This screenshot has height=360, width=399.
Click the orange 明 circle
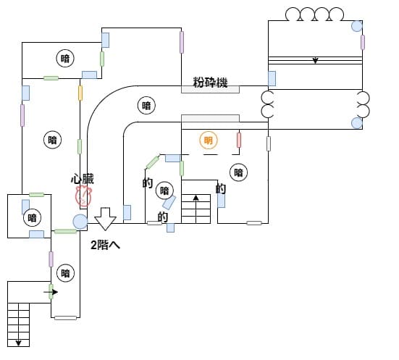(x=209, y=141)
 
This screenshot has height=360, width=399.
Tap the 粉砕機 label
(x=210, y=83)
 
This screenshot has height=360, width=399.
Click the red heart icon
(x=83, y=196)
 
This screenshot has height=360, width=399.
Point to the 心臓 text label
(x=83, y=179)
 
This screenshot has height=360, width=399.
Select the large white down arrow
(x=105, y=219)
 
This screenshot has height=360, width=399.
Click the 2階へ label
(x=105, y=245)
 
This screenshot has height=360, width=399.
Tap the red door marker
(x=239, y=140)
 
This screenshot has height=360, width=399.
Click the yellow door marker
(x=80, y=93)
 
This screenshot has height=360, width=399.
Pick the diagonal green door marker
(x=153, y=162)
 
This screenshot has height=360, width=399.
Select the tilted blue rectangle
(x=169, y=202)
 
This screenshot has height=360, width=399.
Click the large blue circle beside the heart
(x=80, y=222)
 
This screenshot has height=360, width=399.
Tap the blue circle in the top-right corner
(x=357, y=26)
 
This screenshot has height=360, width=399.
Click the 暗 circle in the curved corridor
(x=146, y=106)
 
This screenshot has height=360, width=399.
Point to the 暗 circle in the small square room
(x=33, y=218)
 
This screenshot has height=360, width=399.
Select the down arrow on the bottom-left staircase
(x=18, y=343)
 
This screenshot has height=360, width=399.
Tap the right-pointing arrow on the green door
(x=51, y=292)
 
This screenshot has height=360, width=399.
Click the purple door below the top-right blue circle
(x=363, y=42)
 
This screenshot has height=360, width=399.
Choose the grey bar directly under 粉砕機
(x=210, y=90)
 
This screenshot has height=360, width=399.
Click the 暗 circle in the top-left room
(x=65, y=58)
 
